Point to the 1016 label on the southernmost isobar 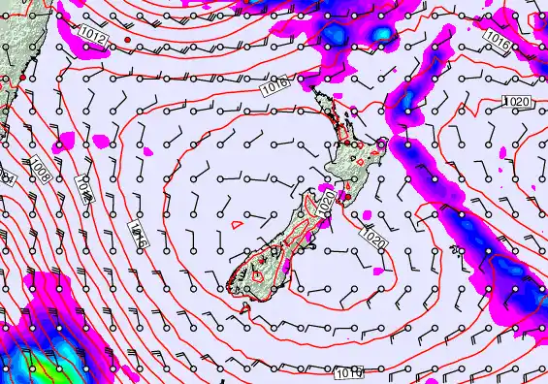[350, 372]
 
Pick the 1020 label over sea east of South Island [373, 236]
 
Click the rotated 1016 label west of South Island [136, 236]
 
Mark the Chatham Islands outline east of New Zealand [457, 250]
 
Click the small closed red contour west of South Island [237, 224]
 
